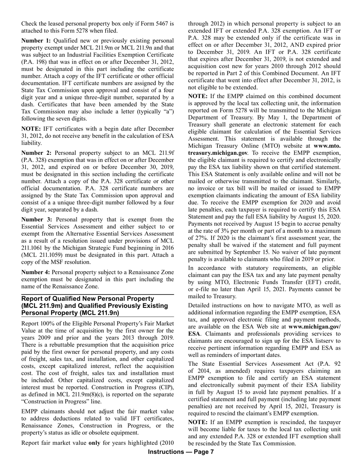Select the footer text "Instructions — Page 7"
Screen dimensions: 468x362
click(181, 452)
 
